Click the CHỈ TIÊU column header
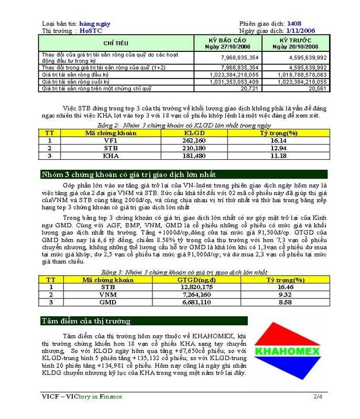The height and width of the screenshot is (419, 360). pos(116,43)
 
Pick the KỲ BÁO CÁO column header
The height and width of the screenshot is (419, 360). pos(227,43)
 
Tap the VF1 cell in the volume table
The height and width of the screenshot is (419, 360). pos(110,140)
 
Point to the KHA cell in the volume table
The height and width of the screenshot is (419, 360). pos(110,156)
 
